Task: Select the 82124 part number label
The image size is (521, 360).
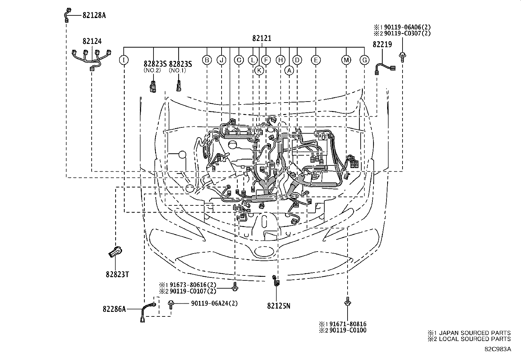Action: click(x=92, y=41)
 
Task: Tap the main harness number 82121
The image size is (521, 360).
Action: click(x=261, y=39)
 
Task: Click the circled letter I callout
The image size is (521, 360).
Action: click(x=124, y=60)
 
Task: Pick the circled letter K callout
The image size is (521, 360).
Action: click(x=259, y=70)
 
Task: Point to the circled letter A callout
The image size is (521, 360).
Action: click(x=289, y=70)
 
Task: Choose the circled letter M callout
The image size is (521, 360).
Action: click(x=346, y=60)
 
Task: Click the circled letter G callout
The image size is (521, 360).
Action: click(x=364, y=60)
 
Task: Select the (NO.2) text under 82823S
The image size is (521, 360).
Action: click(x=152, y=70)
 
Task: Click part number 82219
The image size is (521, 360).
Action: click(x=382, y=45)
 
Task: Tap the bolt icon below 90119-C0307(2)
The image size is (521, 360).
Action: click(x=402, y=56)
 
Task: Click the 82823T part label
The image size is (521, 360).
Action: click(x=117, y=275)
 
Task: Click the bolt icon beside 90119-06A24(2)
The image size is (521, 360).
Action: click(x=171, y=304)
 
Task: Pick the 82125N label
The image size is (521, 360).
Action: click(x=278, y=306)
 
